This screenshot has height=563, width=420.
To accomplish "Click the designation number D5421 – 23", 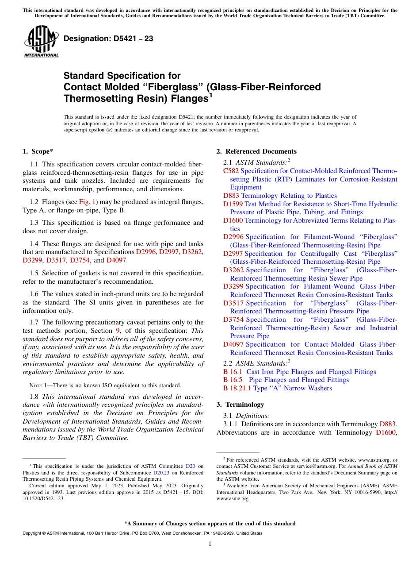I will click(108, 39).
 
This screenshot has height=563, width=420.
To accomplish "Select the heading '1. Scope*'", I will click(38, 151).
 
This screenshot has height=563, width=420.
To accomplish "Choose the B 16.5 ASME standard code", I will click(232, 380).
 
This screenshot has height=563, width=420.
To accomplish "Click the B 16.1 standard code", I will click(232, 372).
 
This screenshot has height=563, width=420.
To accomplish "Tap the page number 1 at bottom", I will click(210, 544).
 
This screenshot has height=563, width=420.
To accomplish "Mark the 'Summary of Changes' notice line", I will click(210, 524).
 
